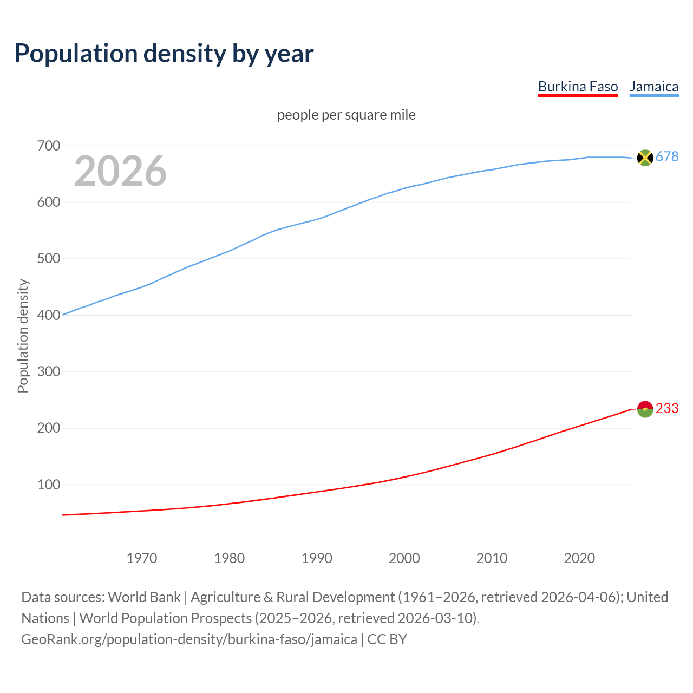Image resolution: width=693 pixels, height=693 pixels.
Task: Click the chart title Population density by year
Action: pyautogui.click(x=164, y=54)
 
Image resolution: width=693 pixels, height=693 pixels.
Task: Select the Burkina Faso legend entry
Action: pyautogui.click(x=578, y=87)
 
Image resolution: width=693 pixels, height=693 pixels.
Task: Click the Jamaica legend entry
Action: pyautogui.click(x=654, y=87)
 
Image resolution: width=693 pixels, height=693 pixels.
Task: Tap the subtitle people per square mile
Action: pyautogui.click(x=346, y=115)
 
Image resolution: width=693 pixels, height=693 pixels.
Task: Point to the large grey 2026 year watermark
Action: pyautogui.click(x=120, y=171)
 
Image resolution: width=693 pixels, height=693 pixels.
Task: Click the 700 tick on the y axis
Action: pyautogui.click(x=49, y=146)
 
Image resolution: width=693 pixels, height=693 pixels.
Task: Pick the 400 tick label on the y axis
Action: pyautogui.click(x=49, y=315)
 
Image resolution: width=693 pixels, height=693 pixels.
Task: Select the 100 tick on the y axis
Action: pyautogui.click(x=49, y=485)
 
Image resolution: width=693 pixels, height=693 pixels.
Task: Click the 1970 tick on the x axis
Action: pyautogui.click(x=142, y=558)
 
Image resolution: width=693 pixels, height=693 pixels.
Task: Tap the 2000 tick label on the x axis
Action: pyautogui.click(x=404, y=558)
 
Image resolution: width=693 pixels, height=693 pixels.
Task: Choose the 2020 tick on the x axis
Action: pyautogui.click(x=579, y=558)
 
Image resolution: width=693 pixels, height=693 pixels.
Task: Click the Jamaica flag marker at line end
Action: pyautogui.click(x=645, y=158)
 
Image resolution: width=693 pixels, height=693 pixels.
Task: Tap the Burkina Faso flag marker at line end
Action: pyautogui.click(x=645, y=409)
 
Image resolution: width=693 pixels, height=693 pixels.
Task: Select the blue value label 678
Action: pyautogui.click(x=667, y=157)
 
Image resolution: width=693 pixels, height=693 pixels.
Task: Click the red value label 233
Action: pyautogui.click(x=667, y=409)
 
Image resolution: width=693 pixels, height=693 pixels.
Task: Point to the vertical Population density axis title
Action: pyautogui.click(x=23, y=336)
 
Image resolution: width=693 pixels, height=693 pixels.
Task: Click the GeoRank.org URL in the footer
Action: pyautogui.click(x=189, y=639)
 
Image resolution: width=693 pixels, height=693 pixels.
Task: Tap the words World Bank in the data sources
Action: pyautogui.click(x=144, y=597)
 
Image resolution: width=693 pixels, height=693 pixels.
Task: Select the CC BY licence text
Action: pyautogui.click(x=387, y=639)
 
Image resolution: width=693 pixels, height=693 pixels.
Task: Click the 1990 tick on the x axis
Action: pyautogui.click(x=317, y=558)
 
